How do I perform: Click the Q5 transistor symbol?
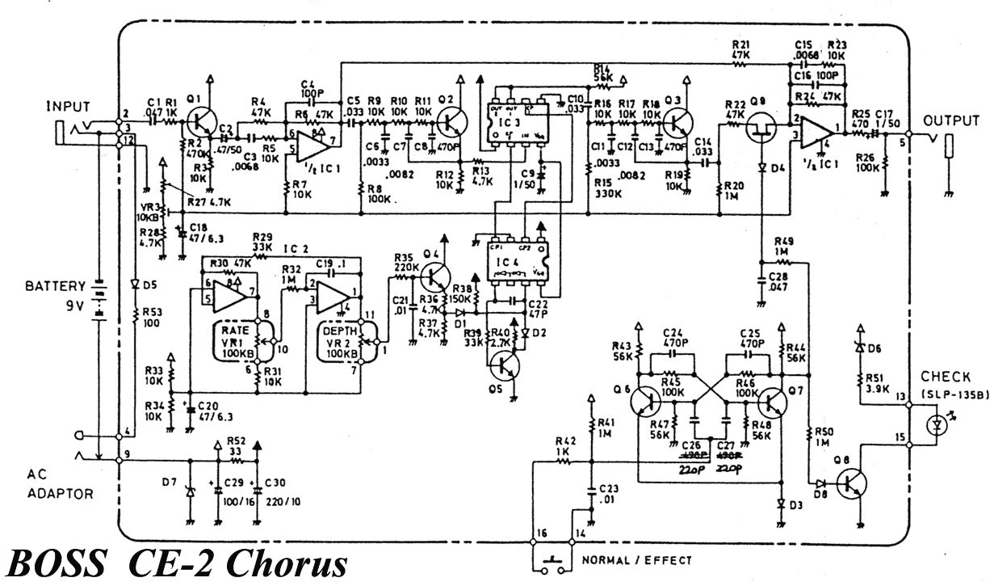[x=505, y=366]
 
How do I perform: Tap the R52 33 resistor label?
[x=236, y=449]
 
